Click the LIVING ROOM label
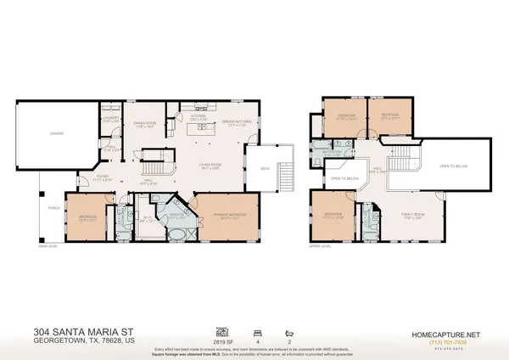[x=198, y=167]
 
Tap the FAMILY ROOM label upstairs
[x=412, y=217]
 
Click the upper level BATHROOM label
[x=339, y=155]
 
